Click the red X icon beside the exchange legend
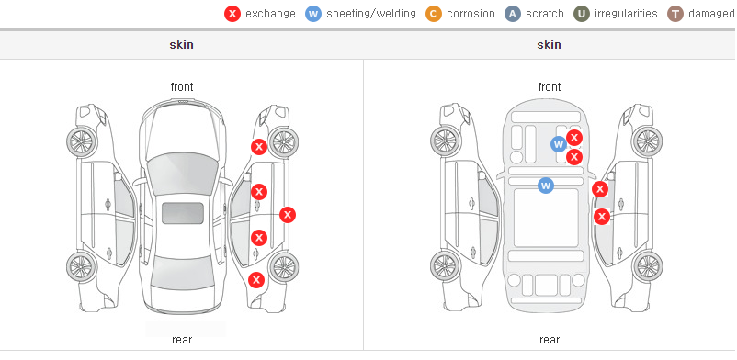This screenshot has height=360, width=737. pyautogui.click(x=232, y=14)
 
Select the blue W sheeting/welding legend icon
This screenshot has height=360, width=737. pyautogui.click(x=313, y=14)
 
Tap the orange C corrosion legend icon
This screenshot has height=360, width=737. pyautogui.click(x=434, y=14)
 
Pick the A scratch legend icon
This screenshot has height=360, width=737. pyautogui.click(x=513, y=14)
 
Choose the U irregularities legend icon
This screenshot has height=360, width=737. pyautogui.click(x=582, y=14)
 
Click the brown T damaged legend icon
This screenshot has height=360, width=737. pyautogui.click(x=675, y=14)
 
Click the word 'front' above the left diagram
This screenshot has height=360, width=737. pyautogui.click(x=182, y=87)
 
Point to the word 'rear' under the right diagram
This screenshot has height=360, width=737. pyautogui.click(x=550, y=340)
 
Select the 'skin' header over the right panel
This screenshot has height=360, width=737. pyautogui.click(x=549, y=45)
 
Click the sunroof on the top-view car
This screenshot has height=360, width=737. pyautogui.click(x=183, y=213)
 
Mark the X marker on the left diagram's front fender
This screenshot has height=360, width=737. pyautogui.click(x=259, y=147)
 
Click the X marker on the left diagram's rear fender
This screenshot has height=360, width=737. pyautogui.click(x=256, y=281)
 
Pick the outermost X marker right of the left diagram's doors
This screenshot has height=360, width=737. pyautogui.click(x=288, y=215)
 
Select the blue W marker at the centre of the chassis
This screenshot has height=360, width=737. pyautogui.click(x=546, y=186)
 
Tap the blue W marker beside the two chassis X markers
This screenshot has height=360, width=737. pyautogui.click(x=559, y=144)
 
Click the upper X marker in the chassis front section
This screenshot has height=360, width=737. pyautogui.click(x=574, y=138)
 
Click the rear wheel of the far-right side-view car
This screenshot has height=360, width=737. pyautogui.click(x=648, y=267)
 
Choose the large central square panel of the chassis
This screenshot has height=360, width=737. pyautogui.click(x=546, y=218)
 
